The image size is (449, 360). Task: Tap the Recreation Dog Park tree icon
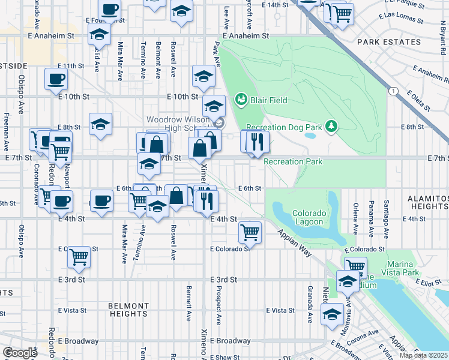point(330,126)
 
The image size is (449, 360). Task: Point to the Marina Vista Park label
point(393,268)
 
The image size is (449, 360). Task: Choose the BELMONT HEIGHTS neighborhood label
point(128,310)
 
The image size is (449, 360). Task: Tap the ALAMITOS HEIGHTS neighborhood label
point(427,202)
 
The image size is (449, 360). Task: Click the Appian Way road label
point(295,242)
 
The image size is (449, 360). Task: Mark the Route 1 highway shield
point(392,91)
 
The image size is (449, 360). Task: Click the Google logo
point(20,353)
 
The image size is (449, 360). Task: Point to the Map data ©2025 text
point(423,355)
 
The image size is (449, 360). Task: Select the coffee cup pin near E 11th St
point(56,79)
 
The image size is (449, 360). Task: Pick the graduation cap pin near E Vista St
point(331,313)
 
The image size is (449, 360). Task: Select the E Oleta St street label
point(418,100)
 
